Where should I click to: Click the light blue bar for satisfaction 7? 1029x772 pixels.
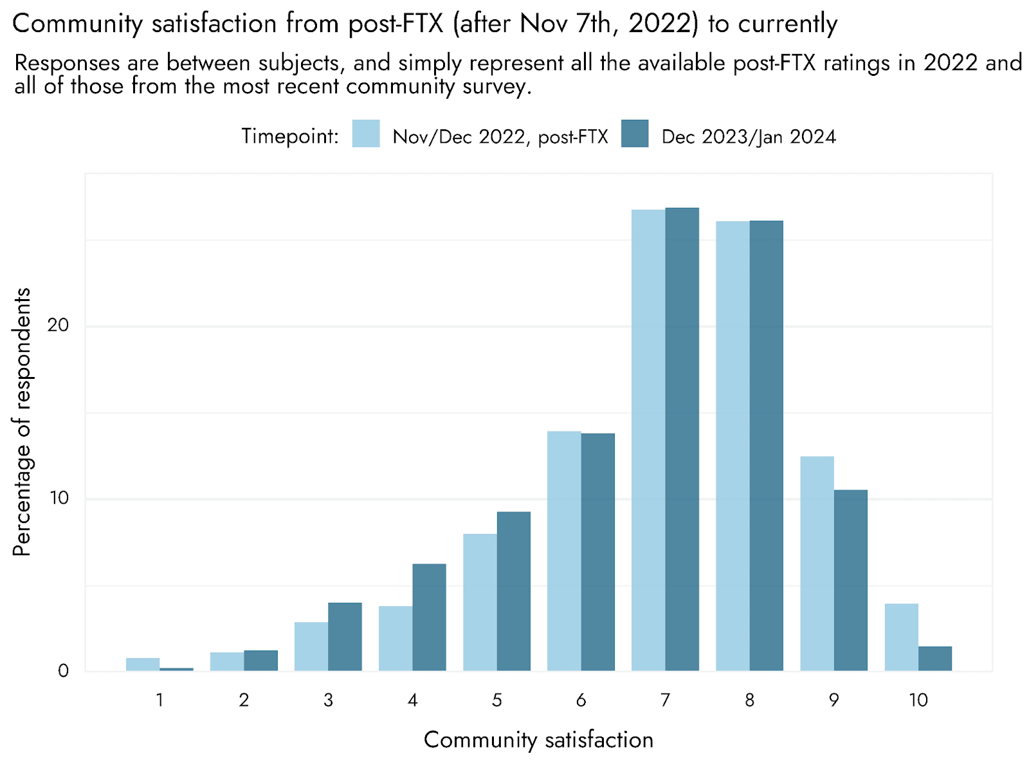648,440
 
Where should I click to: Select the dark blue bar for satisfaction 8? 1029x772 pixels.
766,446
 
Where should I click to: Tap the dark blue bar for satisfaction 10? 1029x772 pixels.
934,659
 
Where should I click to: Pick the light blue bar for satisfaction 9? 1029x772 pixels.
817,564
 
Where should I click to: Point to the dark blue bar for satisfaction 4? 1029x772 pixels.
429,618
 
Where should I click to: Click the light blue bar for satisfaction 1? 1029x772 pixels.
143,665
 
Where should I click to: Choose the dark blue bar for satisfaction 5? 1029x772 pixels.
513,591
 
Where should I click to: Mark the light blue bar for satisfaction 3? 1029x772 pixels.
311,647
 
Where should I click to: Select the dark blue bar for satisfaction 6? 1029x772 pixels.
597,552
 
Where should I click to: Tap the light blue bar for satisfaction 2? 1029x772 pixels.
227,662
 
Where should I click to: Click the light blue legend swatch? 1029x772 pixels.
366,134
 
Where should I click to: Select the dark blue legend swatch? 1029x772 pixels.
635,134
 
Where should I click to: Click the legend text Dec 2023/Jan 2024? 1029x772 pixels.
749,137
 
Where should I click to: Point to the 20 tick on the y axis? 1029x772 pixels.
58,325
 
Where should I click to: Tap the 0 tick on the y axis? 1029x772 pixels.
63,671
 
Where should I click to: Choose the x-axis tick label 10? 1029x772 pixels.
918,701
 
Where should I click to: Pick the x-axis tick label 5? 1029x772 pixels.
497,701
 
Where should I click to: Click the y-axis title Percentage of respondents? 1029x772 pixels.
22,422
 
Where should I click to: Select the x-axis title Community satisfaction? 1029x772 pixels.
539,740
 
